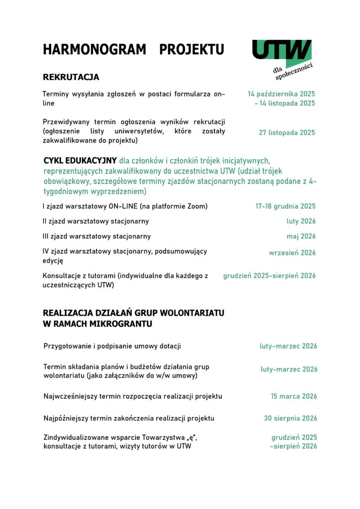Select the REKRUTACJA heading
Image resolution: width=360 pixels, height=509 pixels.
point(71,77)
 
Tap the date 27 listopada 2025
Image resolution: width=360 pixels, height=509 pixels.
point(287,133)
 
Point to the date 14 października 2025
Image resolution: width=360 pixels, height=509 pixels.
point(281,93)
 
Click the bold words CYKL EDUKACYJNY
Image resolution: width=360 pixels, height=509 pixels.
point(80,161)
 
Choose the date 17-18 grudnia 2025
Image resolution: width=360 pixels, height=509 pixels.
point(285,206)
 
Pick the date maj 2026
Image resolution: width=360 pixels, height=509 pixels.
point(301,236)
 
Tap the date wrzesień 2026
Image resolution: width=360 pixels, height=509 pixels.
point(292,253)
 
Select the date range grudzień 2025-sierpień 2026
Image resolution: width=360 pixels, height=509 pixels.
point(269,275)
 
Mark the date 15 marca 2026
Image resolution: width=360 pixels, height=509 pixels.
point(293,396)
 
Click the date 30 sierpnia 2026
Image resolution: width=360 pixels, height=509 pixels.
point(290,418)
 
